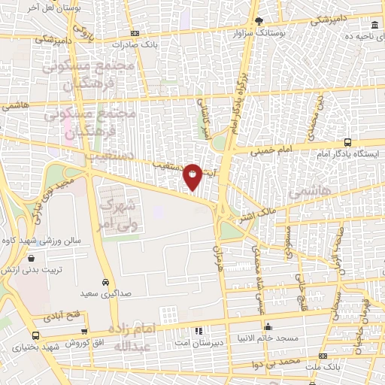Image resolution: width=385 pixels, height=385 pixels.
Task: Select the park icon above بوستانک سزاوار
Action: pos(259,21)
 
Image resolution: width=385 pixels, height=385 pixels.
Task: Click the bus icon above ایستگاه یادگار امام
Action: pos(347,142)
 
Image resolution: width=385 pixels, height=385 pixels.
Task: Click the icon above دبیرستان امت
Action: pos(199,331)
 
